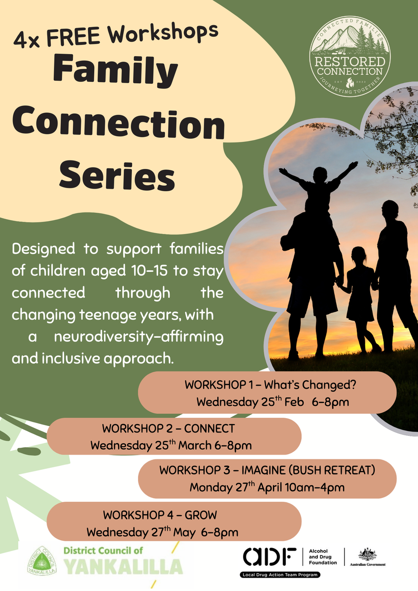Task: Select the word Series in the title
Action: point(117,175)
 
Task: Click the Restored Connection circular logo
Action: point(350,57)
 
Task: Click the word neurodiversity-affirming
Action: point(139,337)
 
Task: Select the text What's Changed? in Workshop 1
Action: point(310,385)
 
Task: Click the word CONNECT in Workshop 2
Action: point(209,428)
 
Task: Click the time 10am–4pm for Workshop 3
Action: point(314,487)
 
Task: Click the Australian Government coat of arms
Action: point(367,555)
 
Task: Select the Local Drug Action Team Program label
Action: point(280,575)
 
